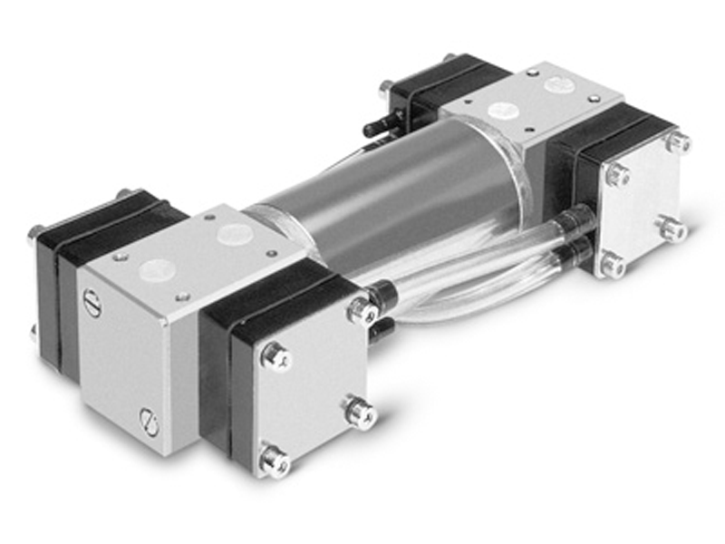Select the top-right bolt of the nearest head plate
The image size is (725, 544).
click(362, 311)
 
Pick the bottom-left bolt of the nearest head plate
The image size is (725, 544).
click(274, 460)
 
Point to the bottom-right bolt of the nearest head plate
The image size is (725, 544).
click(360, 413)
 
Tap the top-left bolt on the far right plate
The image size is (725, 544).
click(618, 174)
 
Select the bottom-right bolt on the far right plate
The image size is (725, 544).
click(672, 229)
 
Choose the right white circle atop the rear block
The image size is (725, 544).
click(556, 84)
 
